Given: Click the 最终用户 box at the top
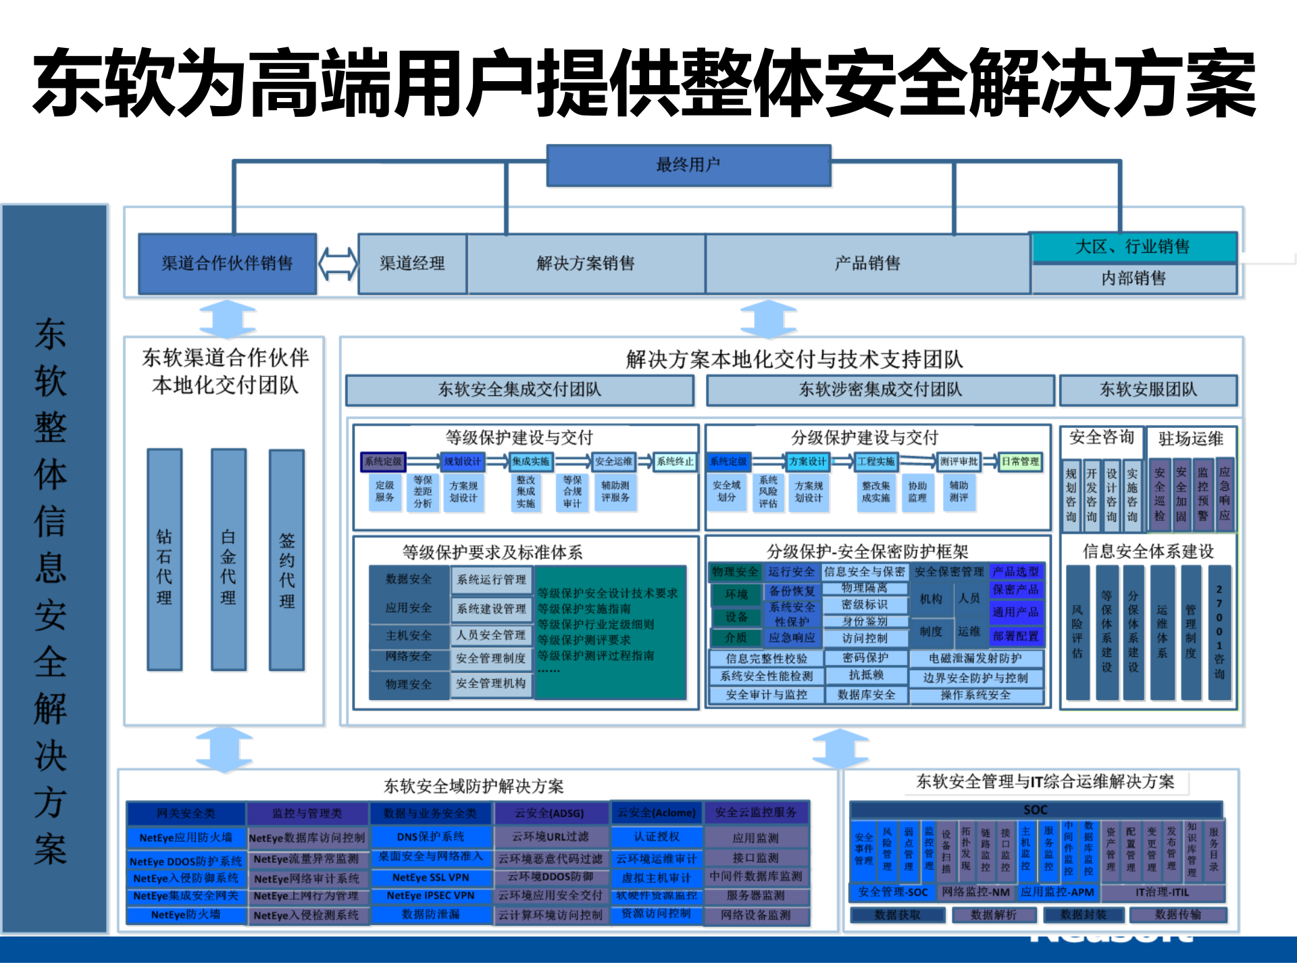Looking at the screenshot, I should [x=688, y=165].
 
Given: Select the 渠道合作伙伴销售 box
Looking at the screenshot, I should [x=227, y=264].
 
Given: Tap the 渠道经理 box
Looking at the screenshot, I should [x=412, y=264].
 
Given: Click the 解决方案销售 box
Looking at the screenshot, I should [x=586, y=264].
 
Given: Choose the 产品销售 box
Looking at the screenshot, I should [x=867, y=264].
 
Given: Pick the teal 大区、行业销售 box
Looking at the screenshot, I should [x=1133, y=247].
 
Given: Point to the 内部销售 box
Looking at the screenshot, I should [x=1134, y=278].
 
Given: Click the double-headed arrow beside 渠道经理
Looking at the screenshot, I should [x=338, y=264].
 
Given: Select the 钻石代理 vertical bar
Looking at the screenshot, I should [x=164, y=559].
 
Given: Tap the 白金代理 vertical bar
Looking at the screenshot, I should [x=228, y=559].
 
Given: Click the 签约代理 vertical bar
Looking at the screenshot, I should [x=286, y=559].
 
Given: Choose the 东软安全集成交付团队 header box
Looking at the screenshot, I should [x=519, y=390].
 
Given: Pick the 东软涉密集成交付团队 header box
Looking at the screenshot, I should [x=880, y=390].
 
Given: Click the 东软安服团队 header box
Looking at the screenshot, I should [x=1148, y=390].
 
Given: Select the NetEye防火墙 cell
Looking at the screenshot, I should [x=186, y=915].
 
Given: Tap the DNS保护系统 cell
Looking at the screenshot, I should [x=430, y=837].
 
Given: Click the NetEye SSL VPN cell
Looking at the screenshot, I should [x=430, y=878].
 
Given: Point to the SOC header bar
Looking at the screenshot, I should [x=1036, y=809].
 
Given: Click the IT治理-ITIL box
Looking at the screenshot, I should [x=1162, y=893].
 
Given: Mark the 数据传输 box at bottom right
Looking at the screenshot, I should [x=1178, y=915].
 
